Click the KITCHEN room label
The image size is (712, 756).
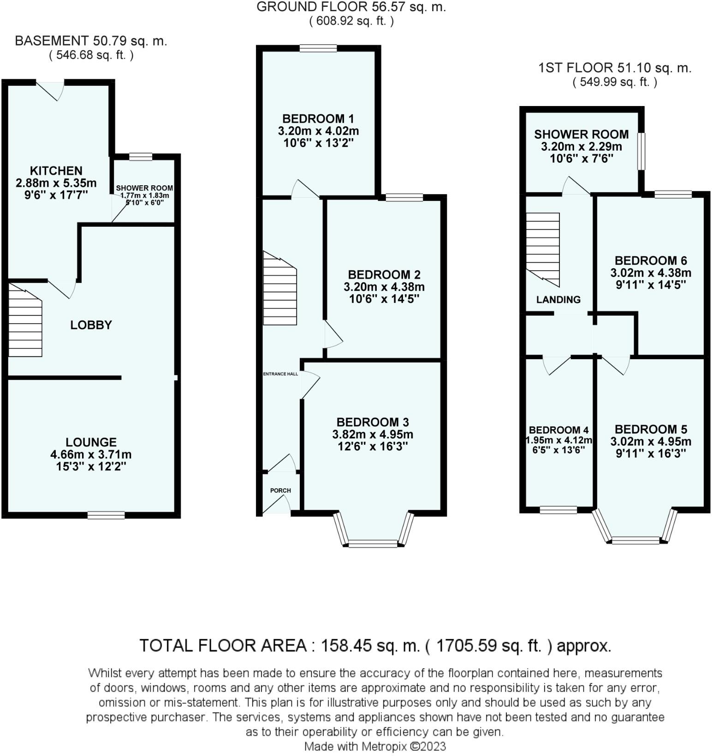click(x=56, y=171)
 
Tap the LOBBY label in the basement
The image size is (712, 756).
click(x=91, y=325)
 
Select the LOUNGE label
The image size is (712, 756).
click(x=91, y=442)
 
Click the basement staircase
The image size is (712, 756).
click(x=25, y=319)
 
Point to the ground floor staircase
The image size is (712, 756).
click(x=280, y=289)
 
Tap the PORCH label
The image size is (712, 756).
click(x=280, y=490)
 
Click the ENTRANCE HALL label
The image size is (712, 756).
click(x=280, y=374)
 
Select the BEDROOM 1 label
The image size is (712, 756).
click(x=318, y=118)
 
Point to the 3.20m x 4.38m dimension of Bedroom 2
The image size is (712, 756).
click(x=384, y=287)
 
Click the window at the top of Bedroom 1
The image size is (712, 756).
click(x=318, y=48)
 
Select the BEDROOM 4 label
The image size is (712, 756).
click(x=558, y=430)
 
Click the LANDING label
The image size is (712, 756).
click(x=558, y=300)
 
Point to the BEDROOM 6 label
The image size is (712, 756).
click(x=651, y=260)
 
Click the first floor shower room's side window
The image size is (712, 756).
click(x=641, y=151)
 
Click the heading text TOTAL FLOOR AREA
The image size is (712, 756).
click(x=223, y=645)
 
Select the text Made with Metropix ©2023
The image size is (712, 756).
click(x=375, y=746)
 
